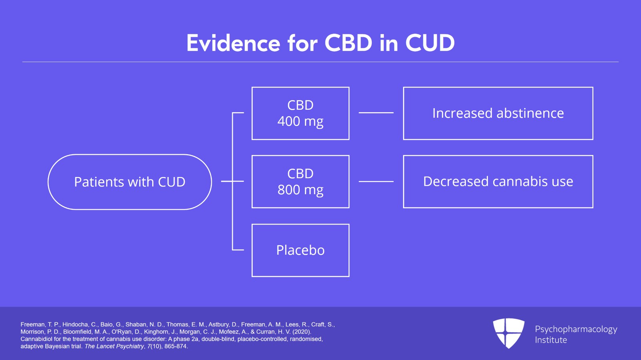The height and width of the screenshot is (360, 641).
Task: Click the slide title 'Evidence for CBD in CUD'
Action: (x=320, y=43)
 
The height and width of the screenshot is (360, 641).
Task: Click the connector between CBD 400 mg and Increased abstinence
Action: (x=376, y=113)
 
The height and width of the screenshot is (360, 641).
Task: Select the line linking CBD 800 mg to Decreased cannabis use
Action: (x=376, y=181)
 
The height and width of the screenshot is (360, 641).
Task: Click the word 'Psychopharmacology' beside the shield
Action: (x=576, y=330)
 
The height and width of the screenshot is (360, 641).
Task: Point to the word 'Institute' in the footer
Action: (x=551, y=340)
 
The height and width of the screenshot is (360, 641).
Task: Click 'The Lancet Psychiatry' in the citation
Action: (x=114, y=346)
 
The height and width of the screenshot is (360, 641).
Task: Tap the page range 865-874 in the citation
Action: (x=175, y=346)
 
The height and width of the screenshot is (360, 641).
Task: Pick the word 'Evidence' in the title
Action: (x=233, y=43)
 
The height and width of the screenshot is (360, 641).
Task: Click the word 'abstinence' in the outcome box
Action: (x=530, y=113)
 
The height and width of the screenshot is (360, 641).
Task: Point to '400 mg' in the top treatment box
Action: (x=300, y=121)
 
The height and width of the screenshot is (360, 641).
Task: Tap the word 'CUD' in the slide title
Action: (x=430, y=43)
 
